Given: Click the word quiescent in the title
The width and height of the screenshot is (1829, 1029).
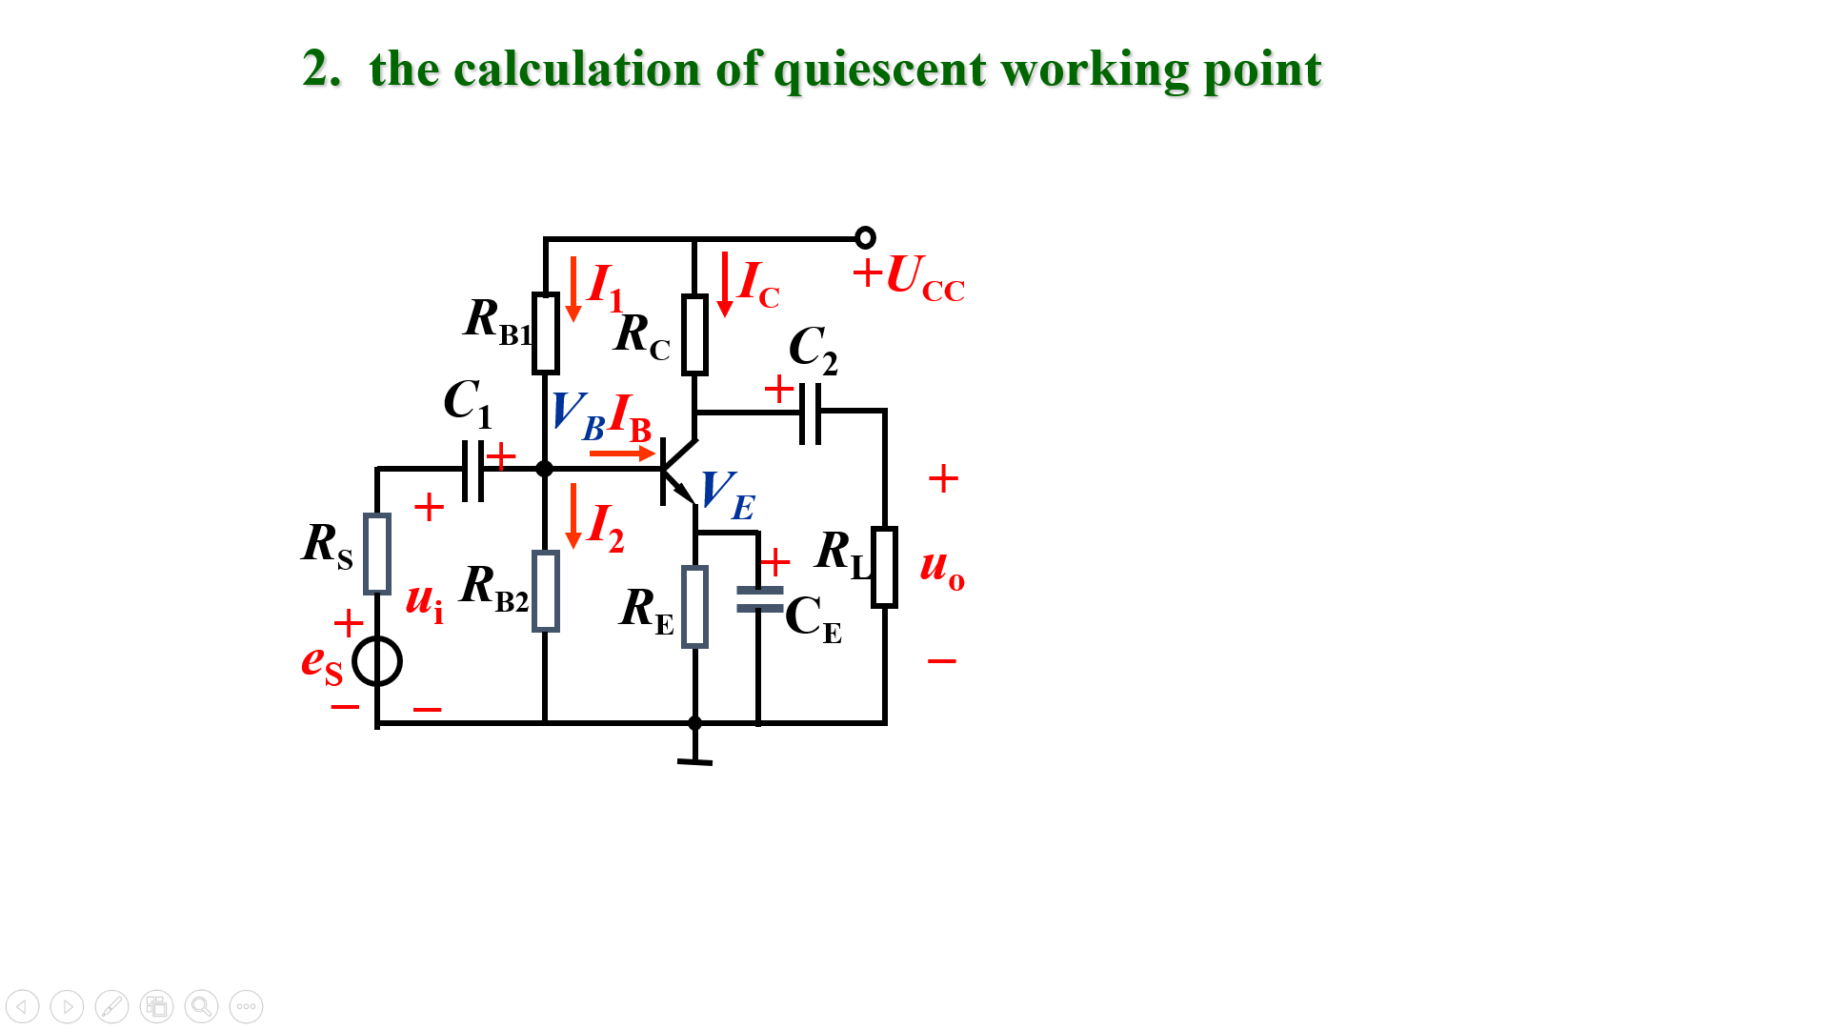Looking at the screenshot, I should (x=879, y=71).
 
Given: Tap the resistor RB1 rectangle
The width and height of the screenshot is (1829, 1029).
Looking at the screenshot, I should (x=545, y=333).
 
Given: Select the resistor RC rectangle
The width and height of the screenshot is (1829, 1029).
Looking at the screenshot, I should (x=694, y=334).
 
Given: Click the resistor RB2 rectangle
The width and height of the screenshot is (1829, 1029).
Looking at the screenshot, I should (x=545, y=591).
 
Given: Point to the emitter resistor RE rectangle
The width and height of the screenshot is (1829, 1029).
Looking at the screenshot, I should (x=694, y=607).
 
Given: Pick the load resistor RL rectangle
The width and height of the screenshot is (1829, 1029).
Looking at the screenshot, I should (x=884, y=567).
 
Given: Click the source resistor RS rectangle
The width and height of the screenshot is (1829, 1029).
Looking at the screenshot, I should (x=377, y=554).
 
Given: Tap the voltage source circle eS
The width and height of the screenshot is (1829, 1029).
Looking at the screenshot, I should (x=377, y=661).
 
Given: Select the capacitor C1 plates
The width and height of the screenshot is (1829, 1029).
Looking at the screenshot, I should (x=472, y=470).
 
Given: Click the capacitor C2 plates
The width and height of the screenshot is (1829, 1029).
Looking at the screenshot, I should (x=810, y=413).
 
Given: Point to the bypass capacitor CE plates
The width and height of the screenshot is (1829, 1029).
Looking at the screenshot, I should (x=759, y=599).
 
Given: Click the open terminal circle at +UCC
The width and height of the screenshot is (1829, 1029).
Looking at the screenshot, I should (x=865, y=237).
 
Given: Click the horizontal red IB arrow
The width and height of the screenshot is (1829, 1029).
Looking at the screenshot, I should (x=621, y=454).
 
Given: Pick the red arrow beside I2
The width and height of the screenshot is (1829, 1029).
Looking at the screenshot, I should (x=573, y=515).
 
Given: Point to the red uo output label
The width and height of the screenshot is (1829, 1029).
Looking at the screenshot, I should (x=941, y=566).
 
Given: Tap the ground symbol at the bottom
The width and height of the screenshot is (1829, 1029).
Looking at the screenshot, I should (x=694, y=760).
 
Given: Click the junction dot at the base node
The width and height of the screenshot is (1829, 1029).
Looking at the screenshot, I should (x=544, y=469).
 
